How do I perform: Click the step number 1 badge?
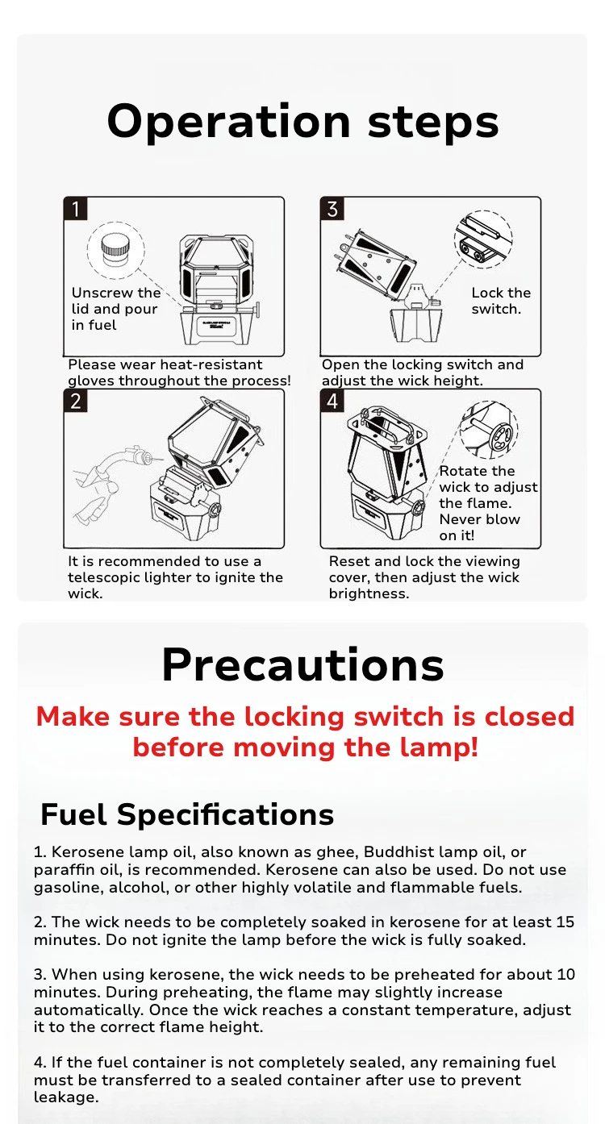[75, 209]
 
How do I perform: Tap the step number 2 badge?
[75, 401]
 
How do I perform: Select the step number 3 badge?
[332, 209]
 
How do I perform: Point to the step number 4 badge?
[332, 401]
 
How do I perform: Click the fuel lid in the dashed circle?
[116, 249]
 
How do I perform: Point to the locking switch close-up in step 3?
[483, 239]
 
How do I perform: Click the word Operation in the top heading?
[228, 123]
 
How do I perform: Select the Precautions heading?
[302, 665]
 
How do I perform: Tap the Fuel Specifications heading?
[187, 814]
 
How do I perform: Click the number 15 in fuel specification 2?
[565, 922]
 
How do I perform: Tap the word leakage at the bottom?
[66, 1097]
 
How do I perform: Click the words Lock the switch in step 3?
[501, 301]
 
